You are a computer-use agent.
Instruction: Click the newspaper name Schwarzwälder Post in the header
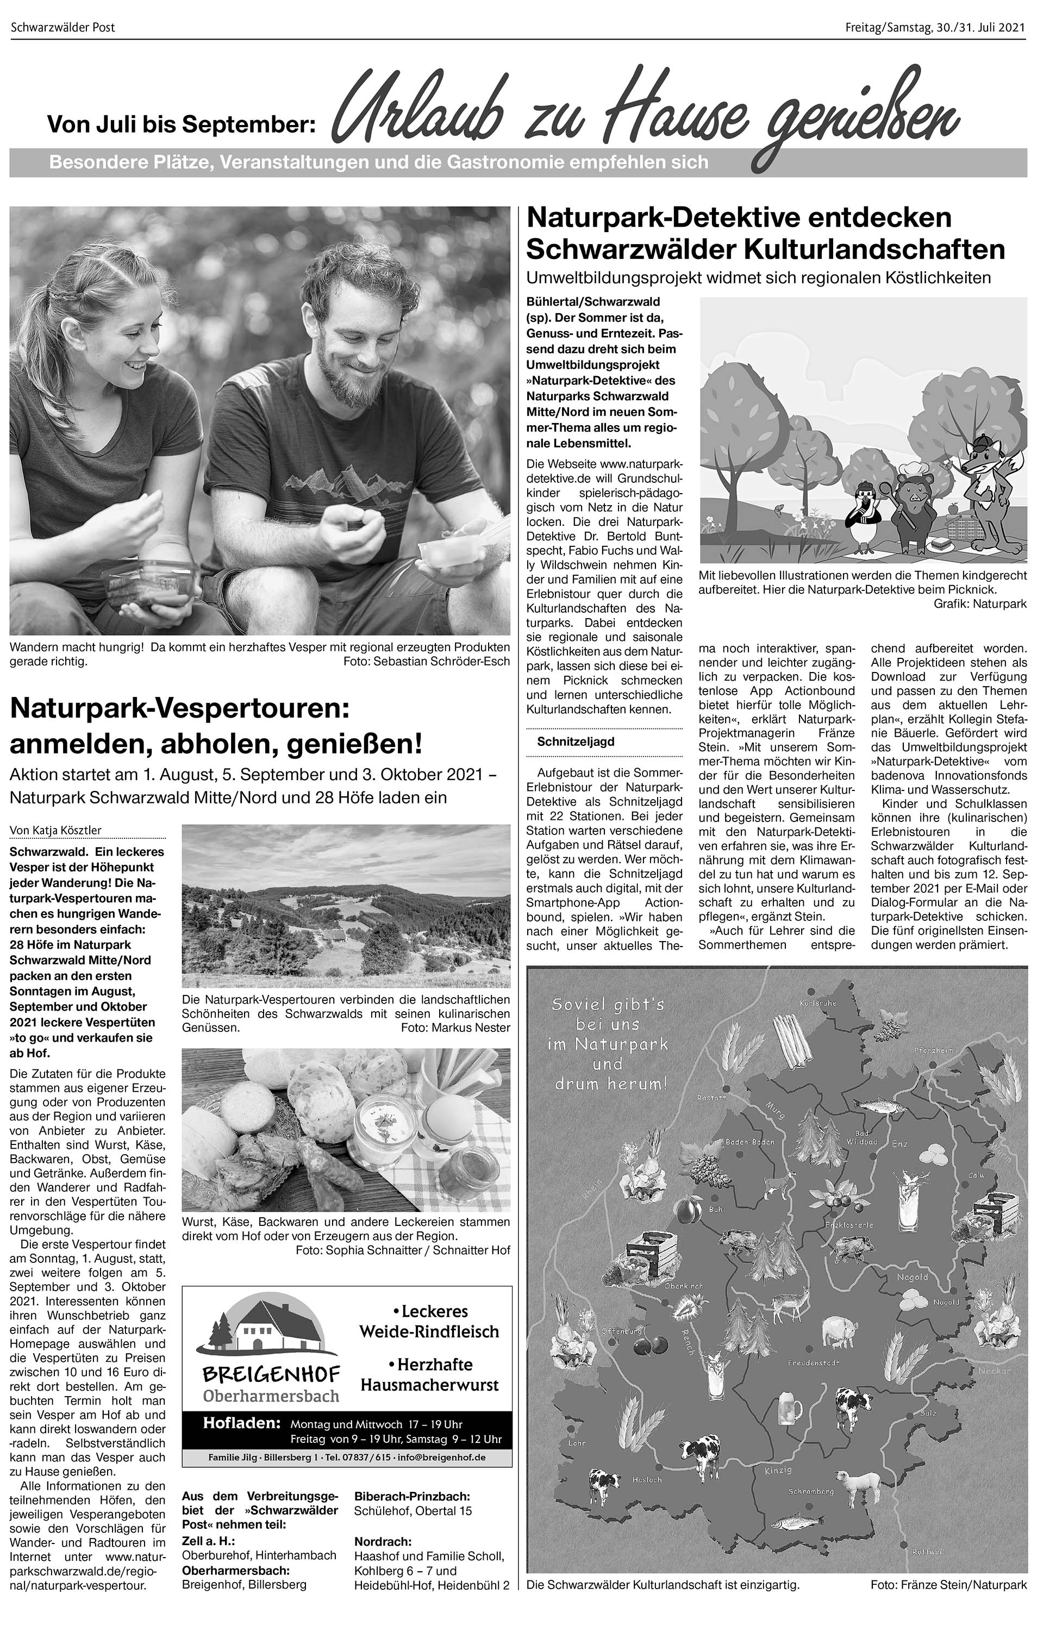[x=63, y=27]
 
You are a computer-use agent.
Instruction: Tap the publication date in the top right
[x=935, y=27]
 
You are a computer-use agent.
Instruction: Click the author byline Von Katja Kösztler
[x=55, y=830]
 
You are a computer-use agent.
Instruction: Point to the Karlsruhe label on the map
[x=817, y=1003]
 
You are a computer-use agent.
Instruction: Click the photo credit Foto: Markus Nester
[x=455, y=1027]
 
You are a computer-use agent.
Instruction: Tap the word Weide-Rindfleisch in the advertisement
[x=429, y=1331]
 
